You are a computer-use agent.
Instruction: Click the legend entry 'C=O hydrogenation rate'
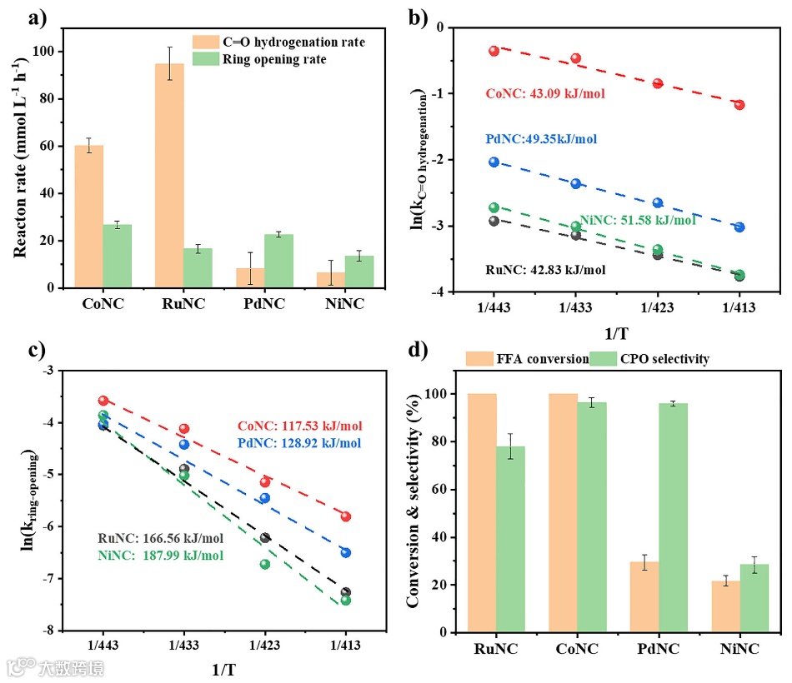coord(279,42)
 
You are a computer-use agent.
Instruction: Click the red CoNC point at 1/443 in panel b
coord(494,51)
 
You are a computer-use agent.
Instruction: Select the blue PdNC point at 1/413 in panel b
coord(739,227)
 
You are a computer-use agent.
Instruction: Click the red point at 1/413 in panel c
coord(346,516)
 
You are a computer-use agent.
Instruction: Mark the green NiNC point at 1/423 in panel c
coord(265,564)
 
